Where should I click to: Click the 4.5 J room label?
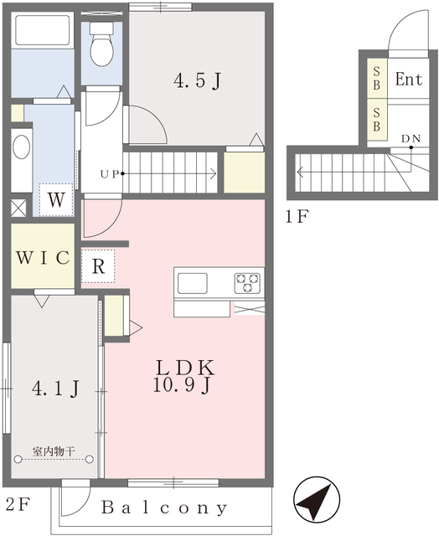[x=197, y=81]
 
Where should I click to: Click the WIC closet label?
[x=42, y=257]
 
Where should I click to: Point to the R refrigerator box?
[x=98, y=268]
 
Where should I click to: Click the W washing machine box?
[x=56, y=199]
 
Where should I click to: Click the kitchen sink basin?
[x=193, y=283]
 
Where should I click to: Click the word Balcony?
[x=165, y=508]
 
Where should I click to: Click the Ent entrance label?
[x=409, y=80]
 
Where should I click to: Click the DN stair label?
[x=411, y=137]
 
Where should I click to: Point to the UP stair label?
[x=109, y=174]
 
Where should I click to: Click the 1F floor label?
[x=297, y=219]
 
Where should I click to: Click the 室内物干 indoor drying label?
[x=54, y=451]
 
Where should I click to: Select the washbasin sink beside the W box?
[x=21, y=148]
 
